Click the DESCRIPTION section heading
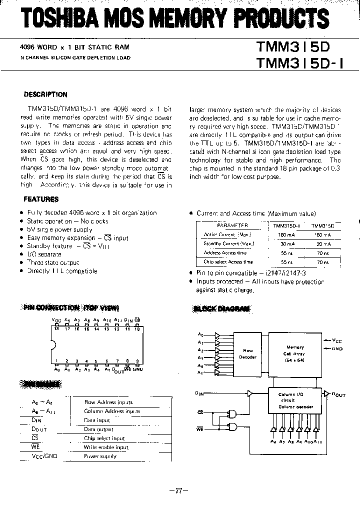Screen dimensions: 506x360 (45, 94)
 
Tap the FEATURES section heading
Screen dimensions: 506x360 (41, 199)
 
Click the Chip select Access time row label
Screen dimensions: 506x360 (228, 261)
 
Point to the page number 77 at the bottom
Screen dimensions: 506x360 (178, 490)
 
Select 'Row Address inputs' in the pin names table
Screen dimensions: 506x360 (108, 402)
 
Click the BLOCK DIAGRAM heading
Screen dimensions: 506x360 (221, 308)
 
